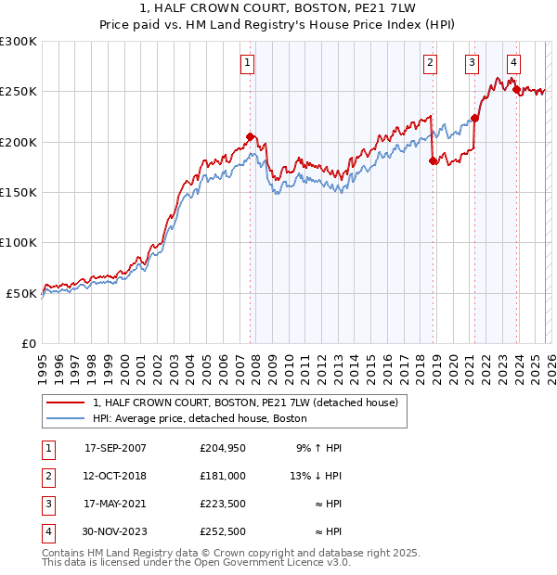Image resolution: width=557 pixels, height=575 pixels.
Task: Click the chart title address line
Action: coord(278,8)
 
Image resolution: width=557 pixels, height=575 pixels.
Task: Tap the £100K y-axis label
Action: coord(19,242)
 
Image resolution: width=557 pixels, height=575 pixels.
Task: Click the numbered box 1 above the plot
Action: coord(249,63)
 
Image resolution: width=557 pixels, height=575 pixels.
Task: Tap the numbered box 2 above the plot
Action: coord(431,63)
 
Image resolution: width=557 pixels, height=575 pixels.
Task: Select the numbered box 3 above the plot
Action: coord(473,63)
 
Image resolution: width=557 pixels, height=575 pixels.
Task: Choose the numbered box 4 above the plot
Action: coord(513,63)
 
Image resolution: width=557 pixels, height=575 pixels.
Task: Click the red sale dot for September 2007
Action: coord(250,136)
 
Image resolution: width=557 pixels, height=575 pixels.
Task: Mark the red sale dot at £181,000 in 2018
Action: coord(433,160)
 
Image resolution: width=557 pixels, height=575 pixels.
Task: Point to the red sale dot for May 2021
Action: coord(474,118)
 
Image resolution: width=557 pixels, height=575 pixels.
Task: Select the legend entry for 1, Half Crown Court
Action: coord(245,402)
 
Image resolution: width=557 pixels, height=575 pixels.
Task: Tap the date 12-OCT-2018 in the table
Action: coord(115,475)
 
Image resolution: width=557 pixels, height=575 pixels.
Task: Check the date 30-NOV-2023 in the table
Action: coord(115,531)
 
